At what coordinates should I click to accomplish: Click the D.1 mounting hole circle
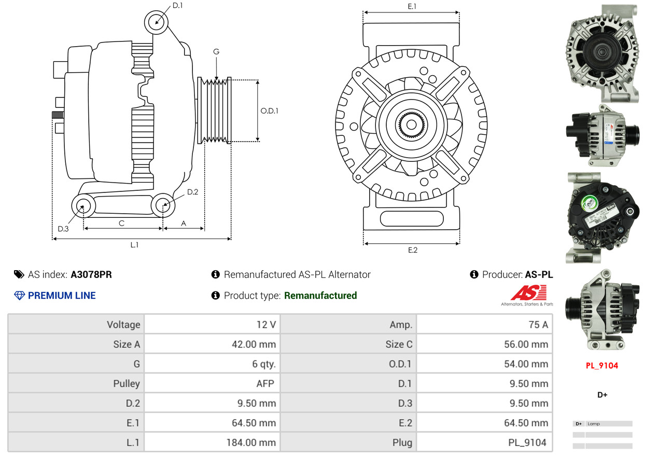(156, 22)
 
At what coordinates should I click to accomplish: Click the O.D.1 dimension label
(269, 110)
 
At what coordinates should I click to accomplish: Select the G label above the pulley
(216, 52)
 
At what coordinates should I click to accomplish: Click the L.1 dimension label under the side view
(134, 245)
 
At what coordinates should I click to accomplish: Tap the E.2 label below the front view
(412, 250)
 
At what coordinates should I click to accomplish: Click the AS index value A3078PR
(91, 274)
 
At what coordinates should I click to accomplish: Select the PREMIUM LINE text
(62, 296)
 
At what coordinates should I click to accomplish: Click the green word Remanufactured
(320, 296)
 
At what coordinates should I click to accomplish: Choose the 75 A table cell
(484, 325)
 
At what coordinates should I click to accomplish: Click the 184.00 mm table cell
(212, 443)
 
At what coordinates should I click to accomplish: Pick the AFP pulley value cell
(212, 384)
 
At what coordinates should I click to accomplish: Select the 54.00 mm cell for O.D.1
(484, 364)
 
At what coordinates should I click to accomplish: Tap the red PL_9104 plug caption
(602, 366)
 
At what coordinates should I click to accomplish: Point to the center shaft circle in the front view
(411, 124)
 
